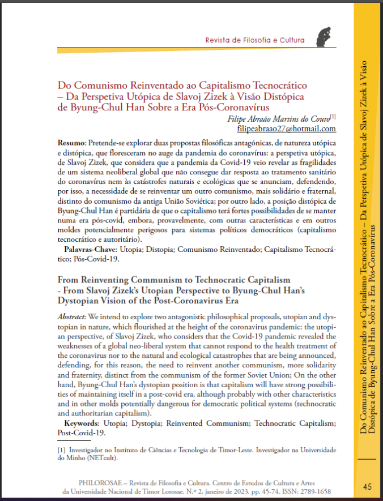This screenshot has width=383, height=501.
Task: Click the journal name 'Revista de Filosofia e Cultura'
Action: tap(255, 41)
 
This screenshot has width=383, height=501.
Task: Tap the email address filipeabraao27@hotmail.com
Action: tap(287, 129)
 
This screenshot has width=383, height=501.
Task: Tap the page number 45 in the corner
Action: tap(367, 486)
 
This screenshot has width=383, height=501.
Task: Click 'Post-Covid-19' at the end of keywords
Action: tap(81, 433)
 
